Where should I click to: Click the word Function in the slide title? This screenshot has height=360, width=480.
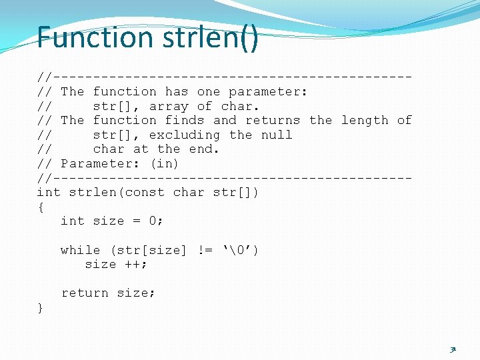(95, 37)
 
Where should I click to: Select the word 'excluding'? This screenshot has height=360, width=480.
(185, 135)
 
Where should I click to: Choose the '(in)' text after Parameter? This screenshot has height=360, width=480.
(165, 163)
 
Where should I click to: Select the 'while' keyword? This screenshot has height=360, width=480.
(80, 250)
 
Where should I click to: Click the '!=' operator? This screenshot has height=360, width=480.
(205, 250)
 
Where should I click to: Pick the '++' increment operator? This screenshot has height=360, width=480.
(133, 264)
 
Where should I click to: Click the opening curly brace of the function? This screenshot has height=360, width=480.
(41, 207)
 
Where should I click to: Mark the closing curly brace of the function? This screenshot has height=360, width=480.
(41, 307)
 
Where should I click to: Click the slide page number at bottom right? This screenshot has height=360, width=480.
(453, 349)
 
